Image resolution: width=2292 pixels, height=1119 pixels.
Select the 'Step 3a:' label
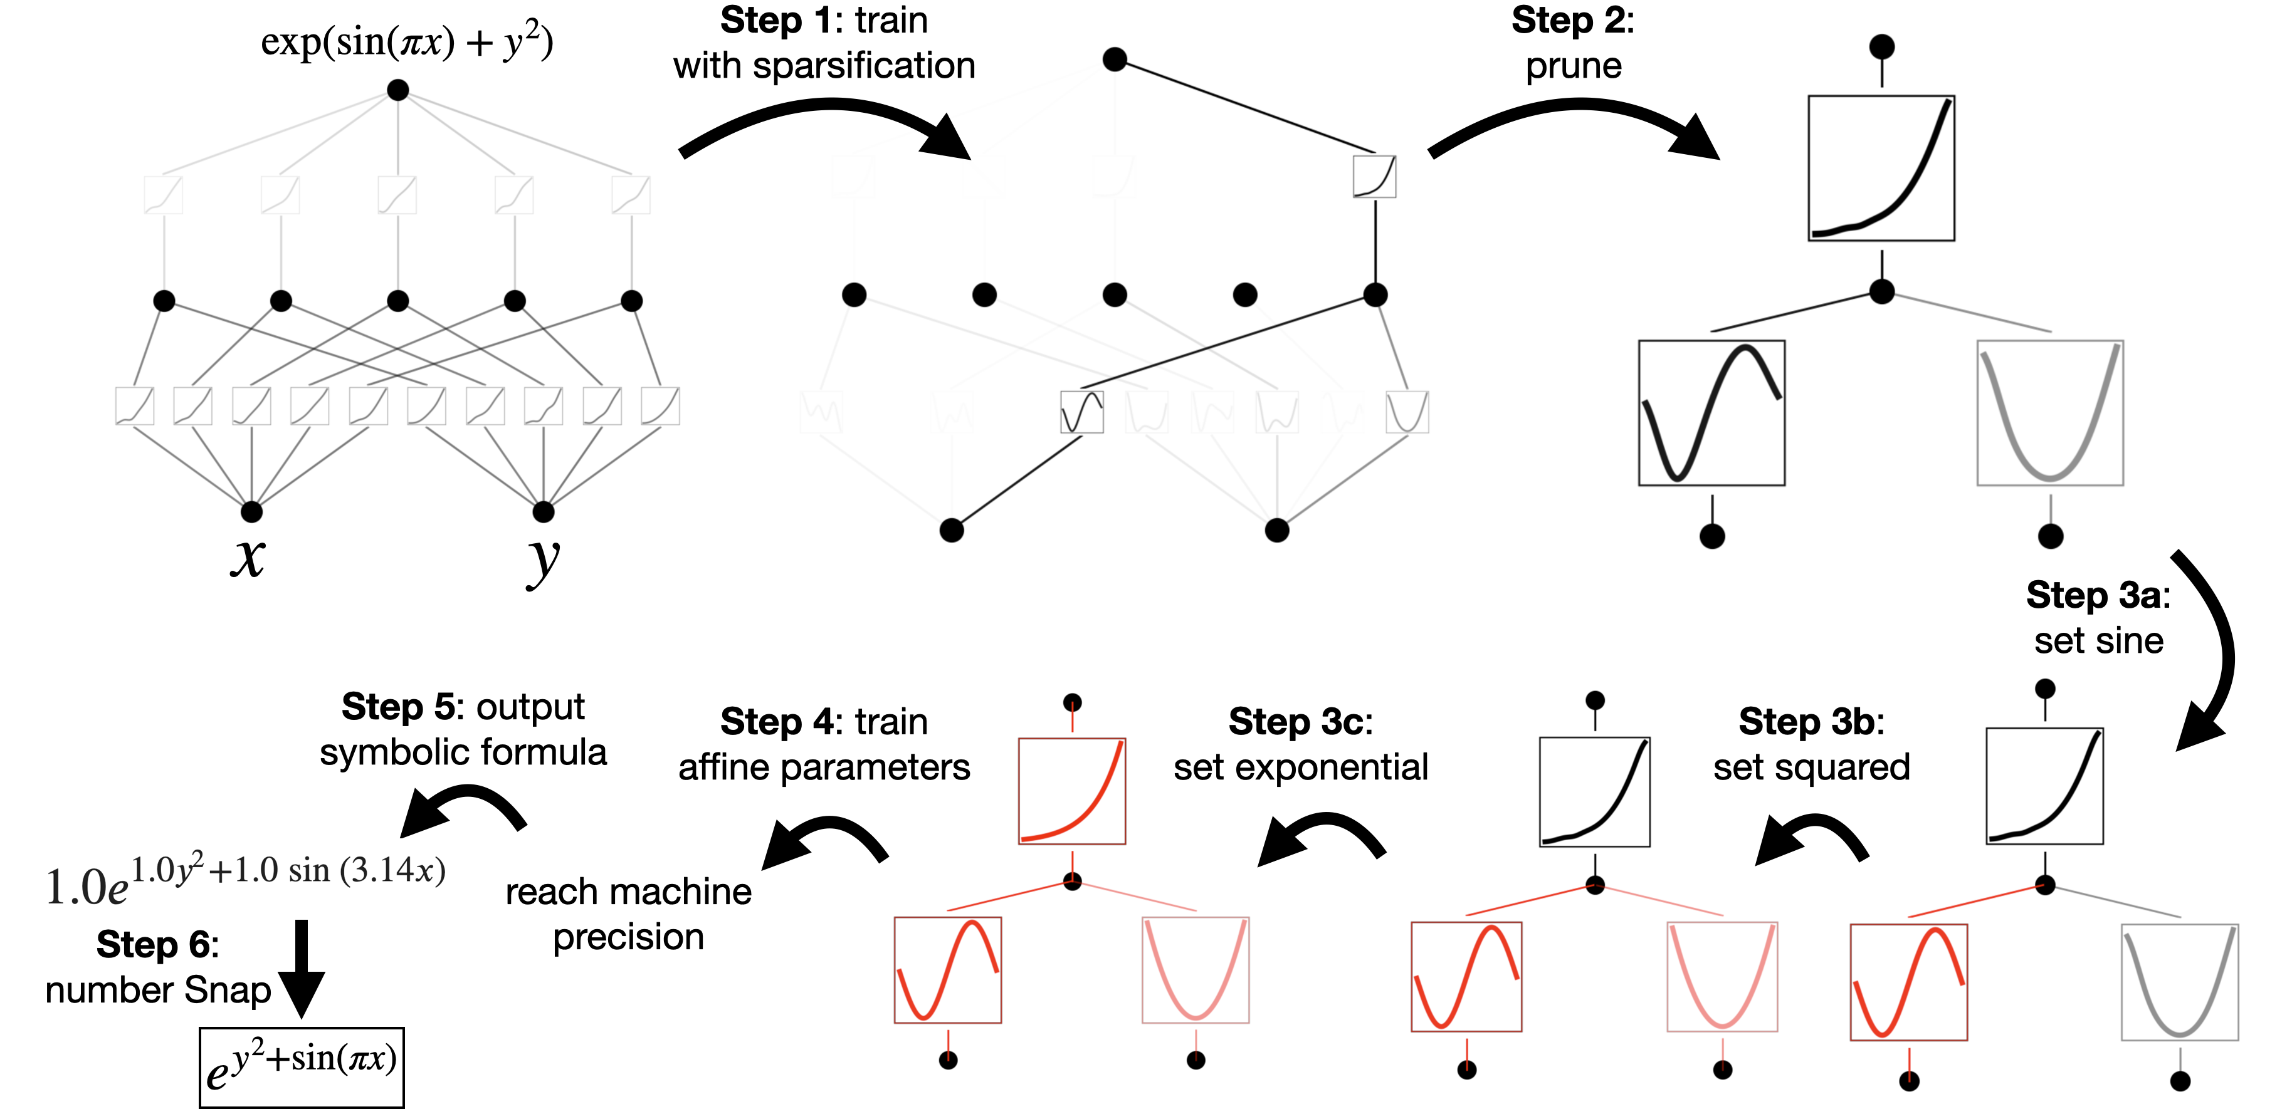coord(2097,595)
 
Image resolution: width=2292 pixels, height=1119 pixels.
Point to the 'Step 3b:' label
coord(1811,721)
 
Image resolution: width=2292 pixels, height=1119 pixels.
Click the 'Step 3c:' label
coord(1300,721)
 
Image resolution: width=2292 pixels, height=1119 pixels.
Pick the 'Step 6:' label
coord(157,944)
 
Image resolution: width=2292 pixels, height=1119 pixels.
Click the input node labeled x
coord(252,511)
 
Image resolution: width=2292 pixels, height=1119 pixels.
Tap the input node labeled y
coord(543,511)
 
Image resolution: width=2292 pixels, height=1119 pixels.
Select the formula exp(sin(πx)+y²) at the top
coord(407,42)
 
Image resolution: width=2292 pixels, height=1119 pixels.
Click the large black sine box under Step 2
coord(1711,413)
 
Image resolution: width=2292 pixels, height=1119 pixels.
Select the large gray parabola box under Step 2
coord(2049,413)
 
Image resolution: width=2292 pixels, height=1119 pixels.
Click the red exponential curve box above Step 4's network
coord(1071,791)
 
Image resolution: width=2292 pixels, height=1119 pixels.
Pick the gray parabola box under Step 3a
coord(2179,981)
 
